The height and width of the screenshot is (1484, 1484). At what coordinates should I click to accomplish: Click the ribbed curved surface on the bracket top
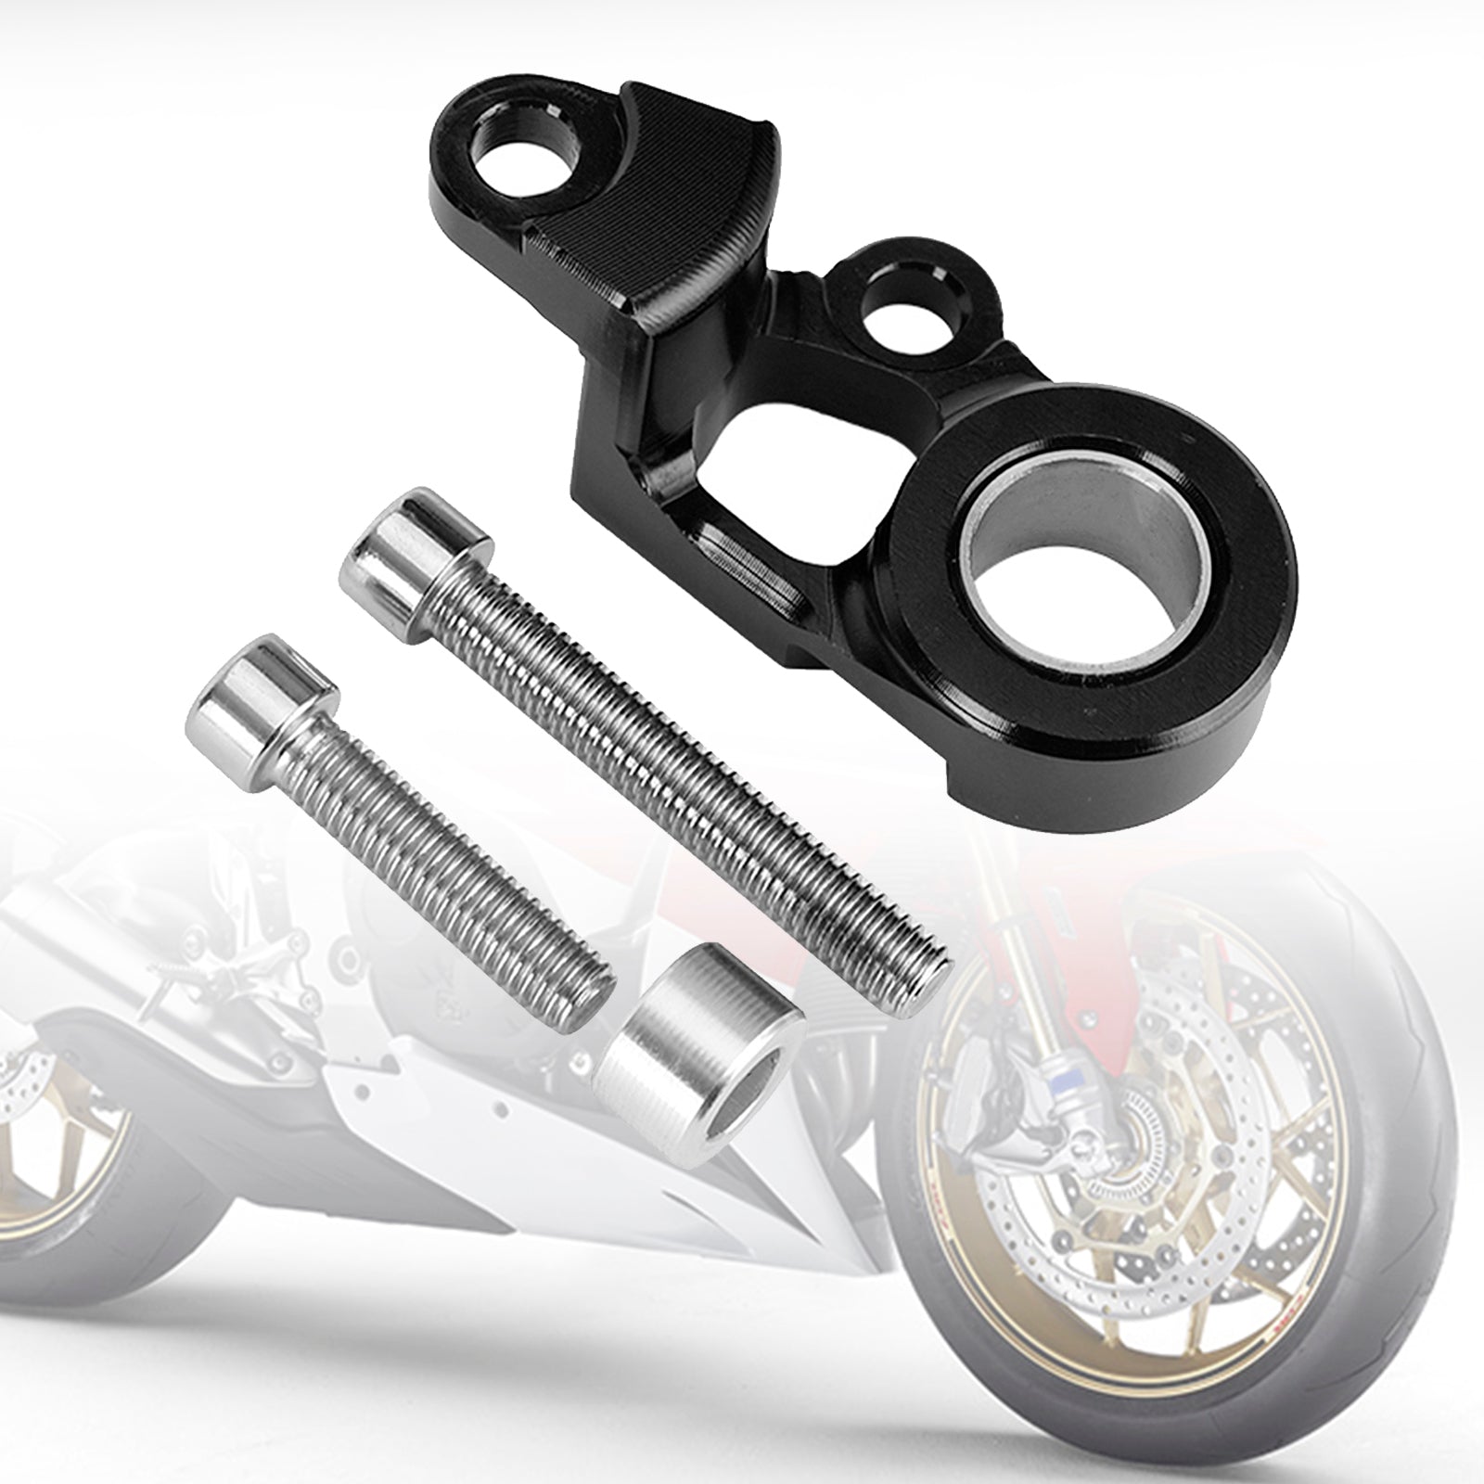[x=649, y=185]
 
